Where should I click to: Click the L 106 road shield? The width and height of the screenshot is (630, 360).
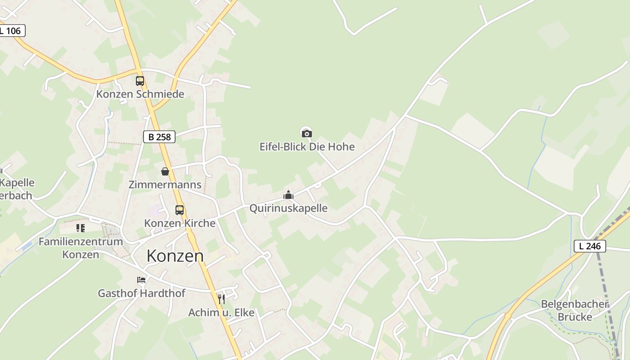12,31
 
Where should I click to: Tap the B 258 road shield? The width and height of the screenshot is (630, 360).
159,137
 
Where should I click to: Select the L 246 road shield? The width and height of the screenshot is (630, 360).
589,246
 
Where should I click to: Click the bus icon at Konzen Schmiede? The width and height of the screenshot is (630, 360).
140,81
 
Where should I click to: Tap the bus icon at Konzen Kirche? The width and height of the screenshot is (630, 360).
180,210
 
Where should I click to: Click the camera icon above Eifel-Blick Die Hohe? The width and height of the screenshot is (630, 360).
306,133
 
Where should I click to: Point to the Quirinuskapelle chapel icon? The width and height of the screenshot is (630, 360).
288,195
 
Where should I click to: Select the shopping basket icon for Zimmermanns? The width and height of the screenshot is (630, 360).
165,171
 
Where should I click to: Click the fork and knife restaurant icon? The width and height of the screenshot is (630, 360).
221,299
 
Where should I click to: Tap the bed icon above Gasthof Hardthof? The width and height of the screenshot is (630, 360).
141,280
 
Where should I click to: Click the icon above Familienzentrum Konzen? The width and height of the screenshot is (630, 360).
81,228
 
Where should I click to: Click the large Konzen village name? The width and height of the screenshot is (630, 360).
175,256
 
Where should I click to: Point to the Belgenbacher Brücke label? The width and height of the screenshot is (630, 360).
575,310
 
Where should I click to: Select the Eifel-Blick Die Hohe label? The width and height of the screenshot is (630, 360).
307,147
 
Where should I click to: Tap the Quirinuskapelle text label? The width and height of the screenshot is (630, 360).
288,208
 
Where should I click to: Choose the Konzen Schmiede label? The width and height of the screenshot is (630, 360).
140,94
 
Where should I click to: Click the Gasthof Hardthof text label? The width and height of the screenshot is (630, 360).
141,293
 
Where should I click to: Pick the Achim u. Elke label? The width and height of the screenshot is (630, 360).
221,312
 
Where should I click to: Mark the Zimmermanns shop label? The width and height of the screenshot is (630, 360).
165,184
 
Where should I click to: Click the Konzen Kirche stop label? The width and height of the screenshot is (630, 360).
180,223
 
